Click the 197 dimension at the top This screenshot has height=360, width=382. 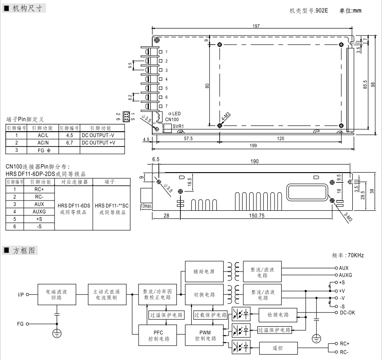[x=256, y=26]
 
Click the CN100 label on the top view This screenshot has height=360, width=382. [x=171, y=120]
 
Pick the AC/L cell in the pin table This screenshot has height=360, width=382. [x=43, y=135]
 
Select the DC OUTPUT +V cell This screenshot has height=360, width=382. [x=98, y=142]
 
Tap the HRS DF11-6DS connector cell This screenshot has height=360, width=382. [x=74, y=208]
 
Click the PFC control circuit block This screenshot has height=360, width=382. [x=158, y=336]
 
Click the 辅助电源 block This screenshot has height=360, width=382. [x=204, y=271]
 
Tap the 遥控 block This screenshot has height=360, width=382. [x=278, y=347]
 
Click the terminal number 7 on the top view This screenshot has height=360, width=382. [x=166, y=106]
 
